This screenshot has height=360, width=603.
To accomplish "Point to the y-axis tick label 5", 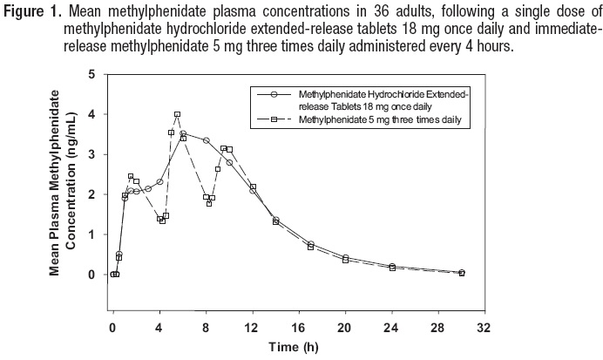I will click(x=91, y=74).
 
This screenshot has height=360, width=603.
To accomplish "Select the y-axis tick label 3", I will click(x=91, y=154).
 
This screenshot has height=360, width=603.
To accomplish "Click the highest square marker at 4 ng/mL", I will click(x=177, y=114).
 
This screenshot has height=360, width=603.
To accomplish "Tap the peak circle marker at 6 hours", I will click(x=183, y=133).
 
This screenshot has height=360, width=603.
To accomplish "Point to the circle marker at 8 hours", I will click(x=207, y=140).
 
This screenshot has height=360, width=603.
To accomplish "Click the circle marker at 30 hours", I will click(x=462, y=273).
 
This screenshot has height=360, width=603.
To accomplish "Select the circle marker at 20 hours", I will click(x=346, y=257).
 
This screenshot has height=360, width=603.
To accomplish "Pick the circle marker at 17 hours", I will click(x=311, y=244).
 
